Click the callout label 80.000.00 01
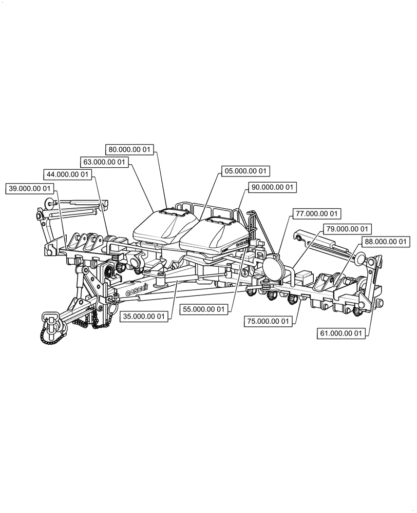coord(130,150)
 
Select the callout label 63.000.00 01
coord(105,162)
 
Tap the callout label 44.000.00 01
coord(67,175)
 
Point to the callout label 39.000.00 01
coord(30,189)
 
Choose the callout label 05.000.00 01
coord(245,171)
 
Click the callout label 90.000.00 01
coord(272,188)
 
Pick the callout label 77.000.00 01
coord(316,213)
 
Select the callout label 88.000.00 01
coord(385,241)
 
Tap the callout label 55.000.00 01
coord(204,309)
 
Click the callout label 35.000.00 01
coord(144,317)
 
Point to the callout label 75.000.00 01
coord(268,321)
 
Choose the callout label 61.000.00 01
coord(342,333)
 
